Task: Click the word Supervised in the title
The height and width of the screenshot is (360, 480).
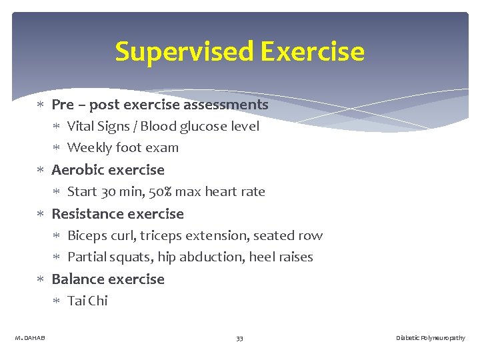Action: [x=185, y=51]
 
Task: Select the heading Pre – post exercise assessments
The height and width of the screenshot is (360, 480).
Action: [x=159, y=105]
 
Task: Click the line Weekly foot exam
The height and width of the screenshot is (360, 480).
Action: [x=123, y=147]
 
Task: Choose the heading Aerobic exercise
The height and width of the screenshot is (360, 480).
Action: [x=107, y=170]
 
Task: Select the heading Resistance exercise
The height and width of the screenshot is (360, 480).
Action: [x=117, y=214]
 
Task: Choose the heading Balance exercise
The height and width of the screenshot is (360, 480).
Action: [x=107, y=279]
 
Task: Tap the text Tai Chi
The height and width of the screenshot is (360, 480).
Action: [x=87, y=301]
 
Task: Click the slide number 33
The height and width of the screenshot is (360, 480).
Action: [x=239, y=338]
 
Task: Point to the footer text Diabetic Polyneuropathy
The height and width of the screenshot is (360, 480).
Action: [x=430, y=338]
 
